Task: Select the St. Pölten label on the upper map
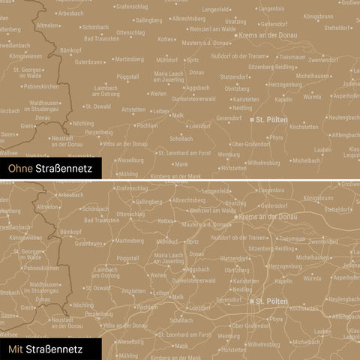coord(271,119)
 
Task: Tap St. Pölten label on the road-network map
coord(271,301)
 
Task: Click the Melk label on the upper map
coord(178,115)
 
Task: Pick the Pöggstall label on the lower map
coord(128,258)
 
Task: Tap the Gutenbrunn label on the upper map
coord(88,61)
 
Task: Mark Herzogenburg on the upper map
coord(284,85)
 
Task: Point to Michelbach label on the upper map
coord(306,160)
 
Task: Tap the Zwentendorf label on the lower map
coord(323,241)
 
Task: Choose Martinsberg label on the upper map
coord(129,58)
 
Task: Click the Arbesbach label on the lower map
coord(70,195)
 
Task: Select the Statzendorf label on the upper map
coord(234,76)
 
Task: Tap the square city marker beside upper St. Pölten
coord(251,119)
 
